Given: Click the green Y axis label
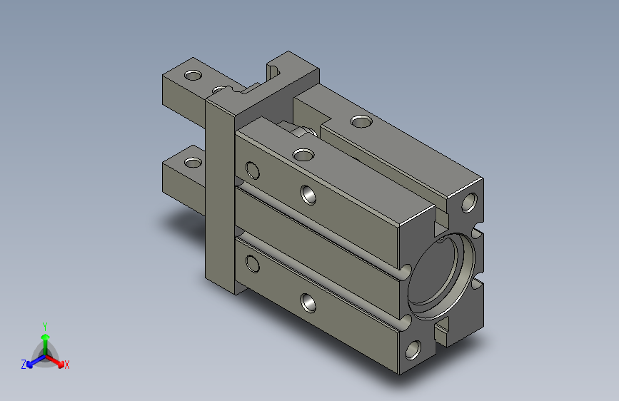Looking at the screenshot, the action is (x=45, y=326).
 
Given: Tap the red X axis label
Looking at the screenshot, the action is (x=66, y=365).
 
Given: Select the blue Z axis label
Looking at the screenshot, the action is (x=24, y=365).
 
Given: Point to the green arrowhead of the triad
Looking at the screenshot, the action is (x=46, y=337).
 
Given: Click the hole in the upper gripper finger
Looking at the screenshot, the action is (x=193, y=75).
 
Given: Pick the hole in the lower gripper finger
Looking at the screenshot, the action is (x=193, y=162).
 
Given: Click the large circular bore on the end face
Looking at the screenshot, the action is (x=441, y=276).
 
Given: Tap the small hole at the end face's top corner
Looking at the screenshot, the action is (x=469, y=203).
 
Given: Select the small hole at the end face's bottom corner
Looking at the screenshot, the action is (x=413, y=350).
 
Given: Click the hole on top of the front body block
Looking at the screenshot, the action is (x=303, y=155).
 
